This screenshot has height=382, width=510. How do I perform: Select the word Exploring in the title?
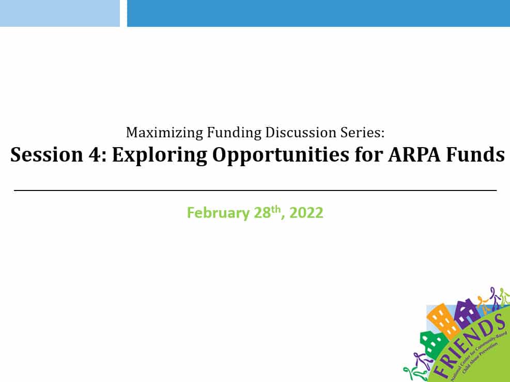(x=160, y=155)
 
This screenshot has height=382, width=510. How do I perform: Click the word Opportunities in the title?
(x=281, y=155)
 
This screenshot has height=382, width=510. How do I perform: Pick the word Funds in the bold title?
(x=475, y=154)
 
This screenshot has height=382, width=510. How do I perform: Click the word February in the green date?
(x=218, y=213)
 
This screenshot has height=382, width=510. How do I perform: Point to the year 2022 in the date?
(x=306, y=213)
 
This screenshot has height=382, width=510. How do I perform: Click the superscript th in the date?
(x=275, y=209)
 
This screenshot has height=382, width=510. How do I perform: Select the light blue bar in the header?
(x=60, y=13)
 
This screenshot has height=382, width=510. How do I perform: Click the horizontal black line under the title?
(x=255, y=190)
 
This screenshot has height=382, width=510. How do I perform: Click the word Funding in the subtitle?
(x=234, y=133)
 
